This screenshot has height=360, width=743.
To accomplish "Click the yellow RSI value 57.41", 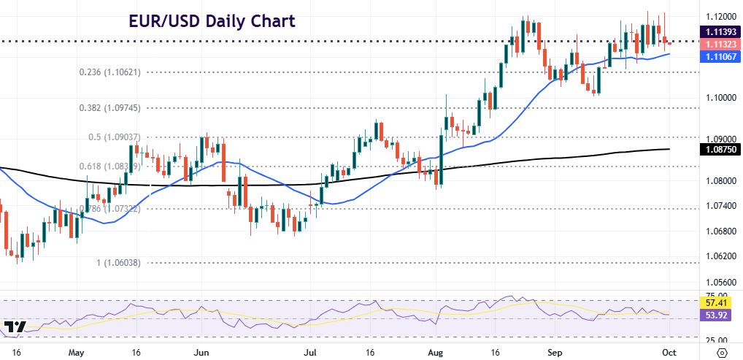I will click(713, 302).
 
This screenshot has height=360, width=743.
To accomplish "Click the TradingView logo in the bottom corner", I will click(15, 327).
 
